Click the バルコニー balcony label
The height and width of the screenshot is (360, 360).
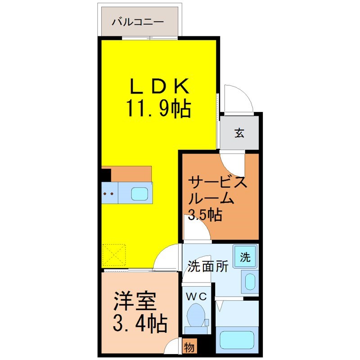point(138,22)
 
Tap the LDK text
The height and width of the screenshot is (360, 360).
point(160,86)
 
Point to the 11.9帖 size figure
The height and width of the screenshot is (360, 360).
point(158,108)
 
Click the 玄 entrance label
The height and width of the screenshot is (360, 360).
point(239,133)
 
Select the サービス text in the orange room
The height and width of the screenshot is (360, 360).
point(217,183)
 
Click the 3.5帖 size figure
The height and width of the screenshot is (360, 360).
point(205,215)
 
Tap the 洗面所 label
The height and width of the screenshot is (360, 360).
point(208,266)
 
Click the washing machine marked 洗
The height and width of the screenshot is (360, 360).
point(245,256)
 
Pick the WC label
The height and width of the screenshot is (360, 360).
point(196,297)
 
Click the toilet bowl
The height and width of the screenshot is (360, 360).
point(196,315)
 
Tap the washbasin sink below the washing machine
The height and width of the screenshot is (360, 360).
point(250,282)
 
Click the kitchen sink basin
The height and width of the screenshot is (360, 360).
point(139,193)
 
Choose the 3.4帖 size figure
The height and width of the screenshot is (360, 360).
point(140,323)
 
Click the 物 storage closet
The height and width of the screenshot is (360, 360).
point(189,347)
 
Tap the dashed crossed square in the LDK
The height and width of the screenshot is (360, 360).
point(114,255)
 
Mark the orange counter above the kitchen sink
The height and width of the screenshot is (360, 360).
point(131,174)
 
